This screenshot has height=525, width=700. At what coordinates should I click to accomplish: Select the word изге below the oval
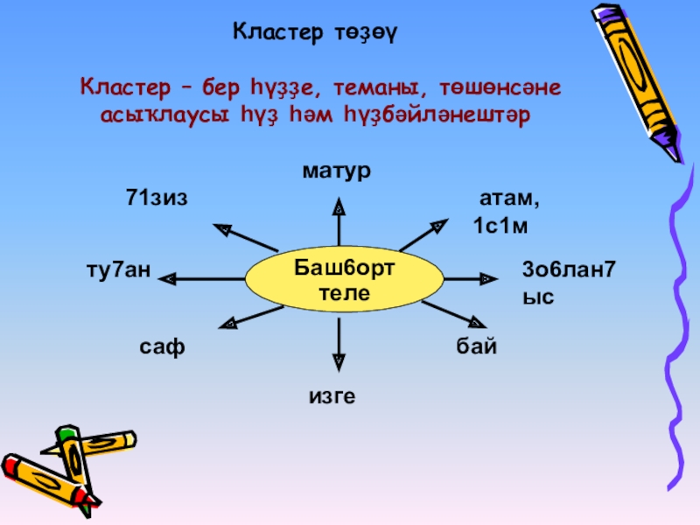tap(332, 396)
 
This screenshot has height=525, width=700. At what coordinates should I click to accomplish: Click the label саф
tap(163, 346)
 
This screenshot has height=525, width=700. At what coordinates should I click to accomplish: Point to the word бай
tap(476, 346)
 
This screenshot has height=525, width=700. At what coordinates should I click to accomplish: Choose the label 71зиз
tap(157, 198)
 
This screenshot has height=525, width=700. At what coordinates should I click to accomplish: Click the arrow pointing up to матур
tap(339, 222)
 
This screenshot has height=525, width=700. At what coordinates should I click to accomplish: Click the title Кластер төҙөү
tap(316, 33)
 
